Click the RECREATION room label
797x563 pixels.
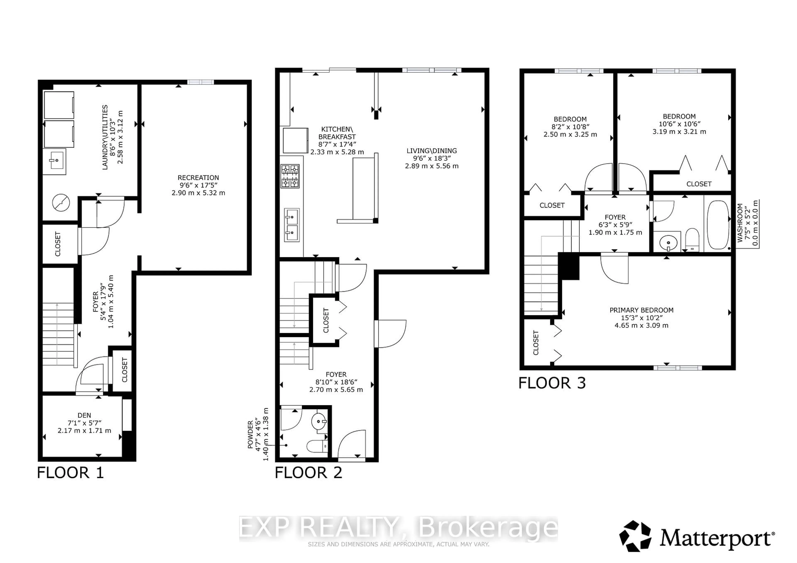(x=198, y=177)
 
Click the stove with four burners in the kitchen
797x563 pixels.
(x=290, y=176)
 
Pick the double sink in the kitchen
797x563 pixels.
(x=292, y=225)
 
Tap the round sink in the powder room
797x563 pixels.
(x=319, y=422)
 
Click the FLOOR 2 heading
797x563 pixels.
(x=308, y=473)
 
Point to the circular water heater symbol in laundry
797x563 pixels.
(x=61, y=203)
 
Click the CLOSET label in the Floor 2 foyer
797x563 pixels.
(x=326, y=320)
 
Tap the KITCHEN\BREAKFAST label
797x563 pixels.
(x=337, y=133)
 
